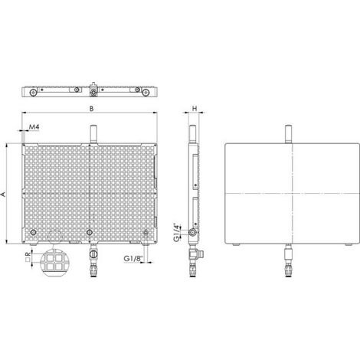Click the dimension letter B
[x=91, y=109]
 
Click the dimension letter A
[x=3, y=195]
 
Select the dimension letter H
[x=195, y=109]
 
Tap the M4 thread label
[x=34, y=126]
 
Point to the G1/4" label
[x=176, y=232]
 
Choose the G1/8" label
[x=133, y=258]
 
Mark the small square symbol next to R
[x=28, y=260]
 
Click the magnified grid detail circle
[x=56, y=263]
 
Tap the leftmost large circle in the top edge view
[x=33, y=93]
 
